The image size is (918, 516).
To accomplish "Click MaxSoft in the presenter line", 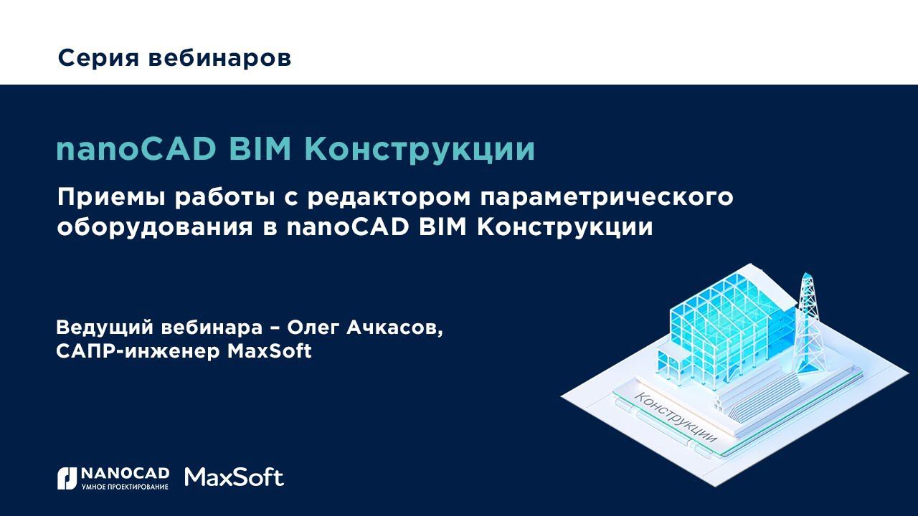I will pyautogui.click(x=269, y=352).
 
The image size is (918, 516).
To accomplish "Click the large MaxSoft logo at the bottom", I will pyautogui.click(x=234, y=477).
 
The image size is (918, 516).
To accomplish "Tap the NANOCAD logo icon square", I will pyautogui.click(x=67, y=478).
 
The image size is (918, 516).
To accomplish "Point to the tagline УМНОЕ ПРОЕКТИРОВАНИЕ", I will pyautogui.click(x=126, y=487).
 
